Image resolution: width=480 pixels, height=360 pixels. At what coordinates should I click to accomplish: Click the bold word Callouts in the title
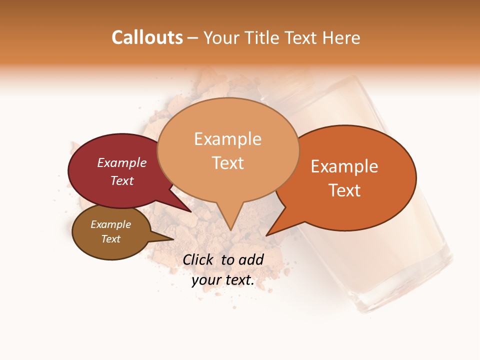[147, 37]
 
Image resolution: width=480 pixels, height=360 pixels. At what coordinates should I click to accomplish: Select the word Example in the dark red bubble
[122, 162]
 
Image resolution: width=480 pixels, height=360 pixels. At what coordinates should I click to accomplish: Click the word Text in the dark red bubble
[122, 180]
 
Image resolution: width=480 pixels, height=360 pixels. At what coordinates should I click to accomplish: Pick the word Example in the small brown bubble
[110, 224]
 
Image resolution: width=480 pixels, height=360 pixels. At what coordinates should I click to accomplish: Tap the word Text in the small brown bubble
[110, 239]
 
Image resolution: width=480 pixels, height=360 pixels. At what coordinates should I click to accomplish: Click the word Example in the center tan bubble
[227, 139]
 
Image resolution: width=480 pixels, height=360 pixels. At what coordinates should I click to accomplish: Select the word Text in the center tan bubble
[227, 163]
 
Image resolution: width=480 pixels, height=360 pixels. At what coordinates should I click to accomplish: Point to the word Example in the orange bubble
[344, 166]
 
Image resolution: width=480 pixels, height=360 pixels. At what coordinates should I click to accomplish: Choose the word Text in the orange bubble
[344, 190]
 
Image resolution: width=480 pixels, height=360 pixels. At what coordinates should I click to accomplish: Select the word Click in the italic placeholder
[198, 260]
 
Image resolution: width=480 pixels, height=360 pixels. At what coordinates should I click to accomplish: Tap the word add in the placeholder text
[251, 260]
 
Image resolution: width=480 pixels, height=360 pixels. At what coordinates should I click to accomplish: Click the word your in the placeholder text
[205, 280]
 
